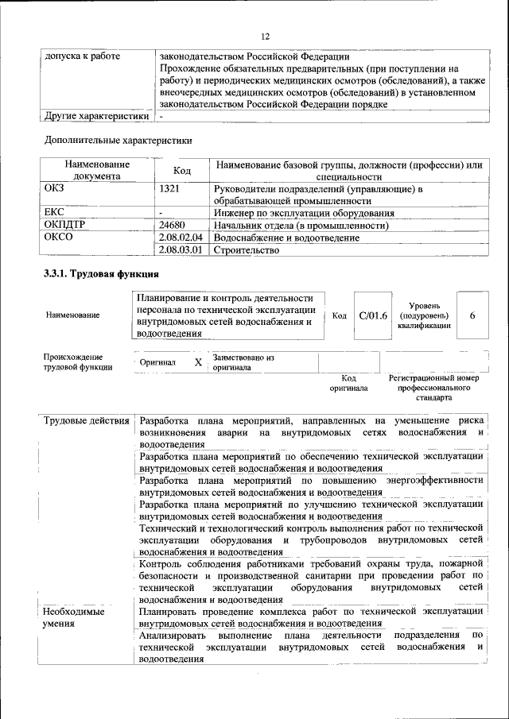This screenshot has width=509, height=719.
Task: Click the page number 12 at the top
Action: point(266,37)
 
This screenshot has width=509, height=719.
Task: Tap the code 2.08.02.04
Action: point(181,238)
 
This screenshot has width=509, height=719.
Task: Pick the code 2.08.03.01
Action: point(181,250)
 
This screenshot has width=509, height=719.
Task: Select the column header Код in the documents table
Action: point(182,170)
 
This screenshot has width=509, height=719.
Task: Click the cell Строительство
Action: point(247,250)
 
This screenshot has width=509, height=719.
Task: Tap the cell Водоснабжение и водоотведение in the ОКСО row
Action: point(292,238)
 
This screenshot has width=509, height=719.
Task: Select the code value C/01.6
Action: point(372,315)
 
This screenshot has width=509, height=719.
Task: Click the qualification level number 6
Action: point(472,315)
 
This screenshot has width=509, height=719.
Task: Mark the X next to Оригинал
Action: point(198,362)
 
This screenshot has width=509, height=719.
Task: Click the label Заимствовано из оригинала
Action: point(243,363)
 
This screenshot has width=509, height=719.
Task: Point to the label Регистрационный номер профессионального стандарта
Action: point(434,388)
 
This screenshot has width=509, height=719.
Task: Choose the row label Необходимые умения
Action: point(74,618)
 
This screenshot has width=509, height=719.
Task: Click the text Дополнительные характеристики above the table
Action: point(118,140)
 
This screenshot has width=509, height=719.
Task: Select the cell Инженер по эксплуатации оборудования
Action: point(305,213)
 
